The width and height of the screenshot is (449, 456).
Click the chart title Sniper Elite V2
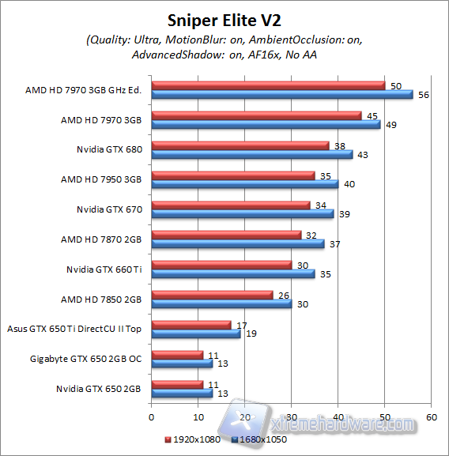pos(224,19)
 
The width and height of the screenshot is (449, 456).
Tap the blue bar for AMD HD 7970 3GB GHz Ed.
pos(281,95)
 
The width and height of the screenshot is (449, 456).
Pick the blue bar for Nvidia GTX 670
pos(242,213)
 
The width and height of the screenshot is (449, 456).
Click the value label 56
pos(422,95)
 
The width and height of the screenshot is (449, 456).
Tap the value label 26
pos(282,295)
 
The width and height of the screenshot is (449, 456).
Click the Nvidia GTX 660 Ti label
pos(104,269)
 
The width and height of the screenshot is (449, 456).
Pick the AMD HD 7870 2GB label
pos(101,239)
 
